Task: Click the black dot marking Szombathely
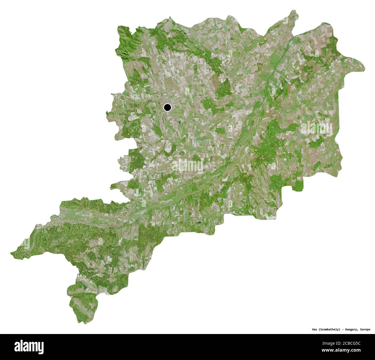[x=167, y=108]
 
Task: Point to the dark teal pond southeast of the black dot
[x=179, y=122]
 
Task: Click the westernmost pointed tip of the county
[x=11, y=254]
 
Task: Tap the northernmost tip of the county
[x=294, y=11]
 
